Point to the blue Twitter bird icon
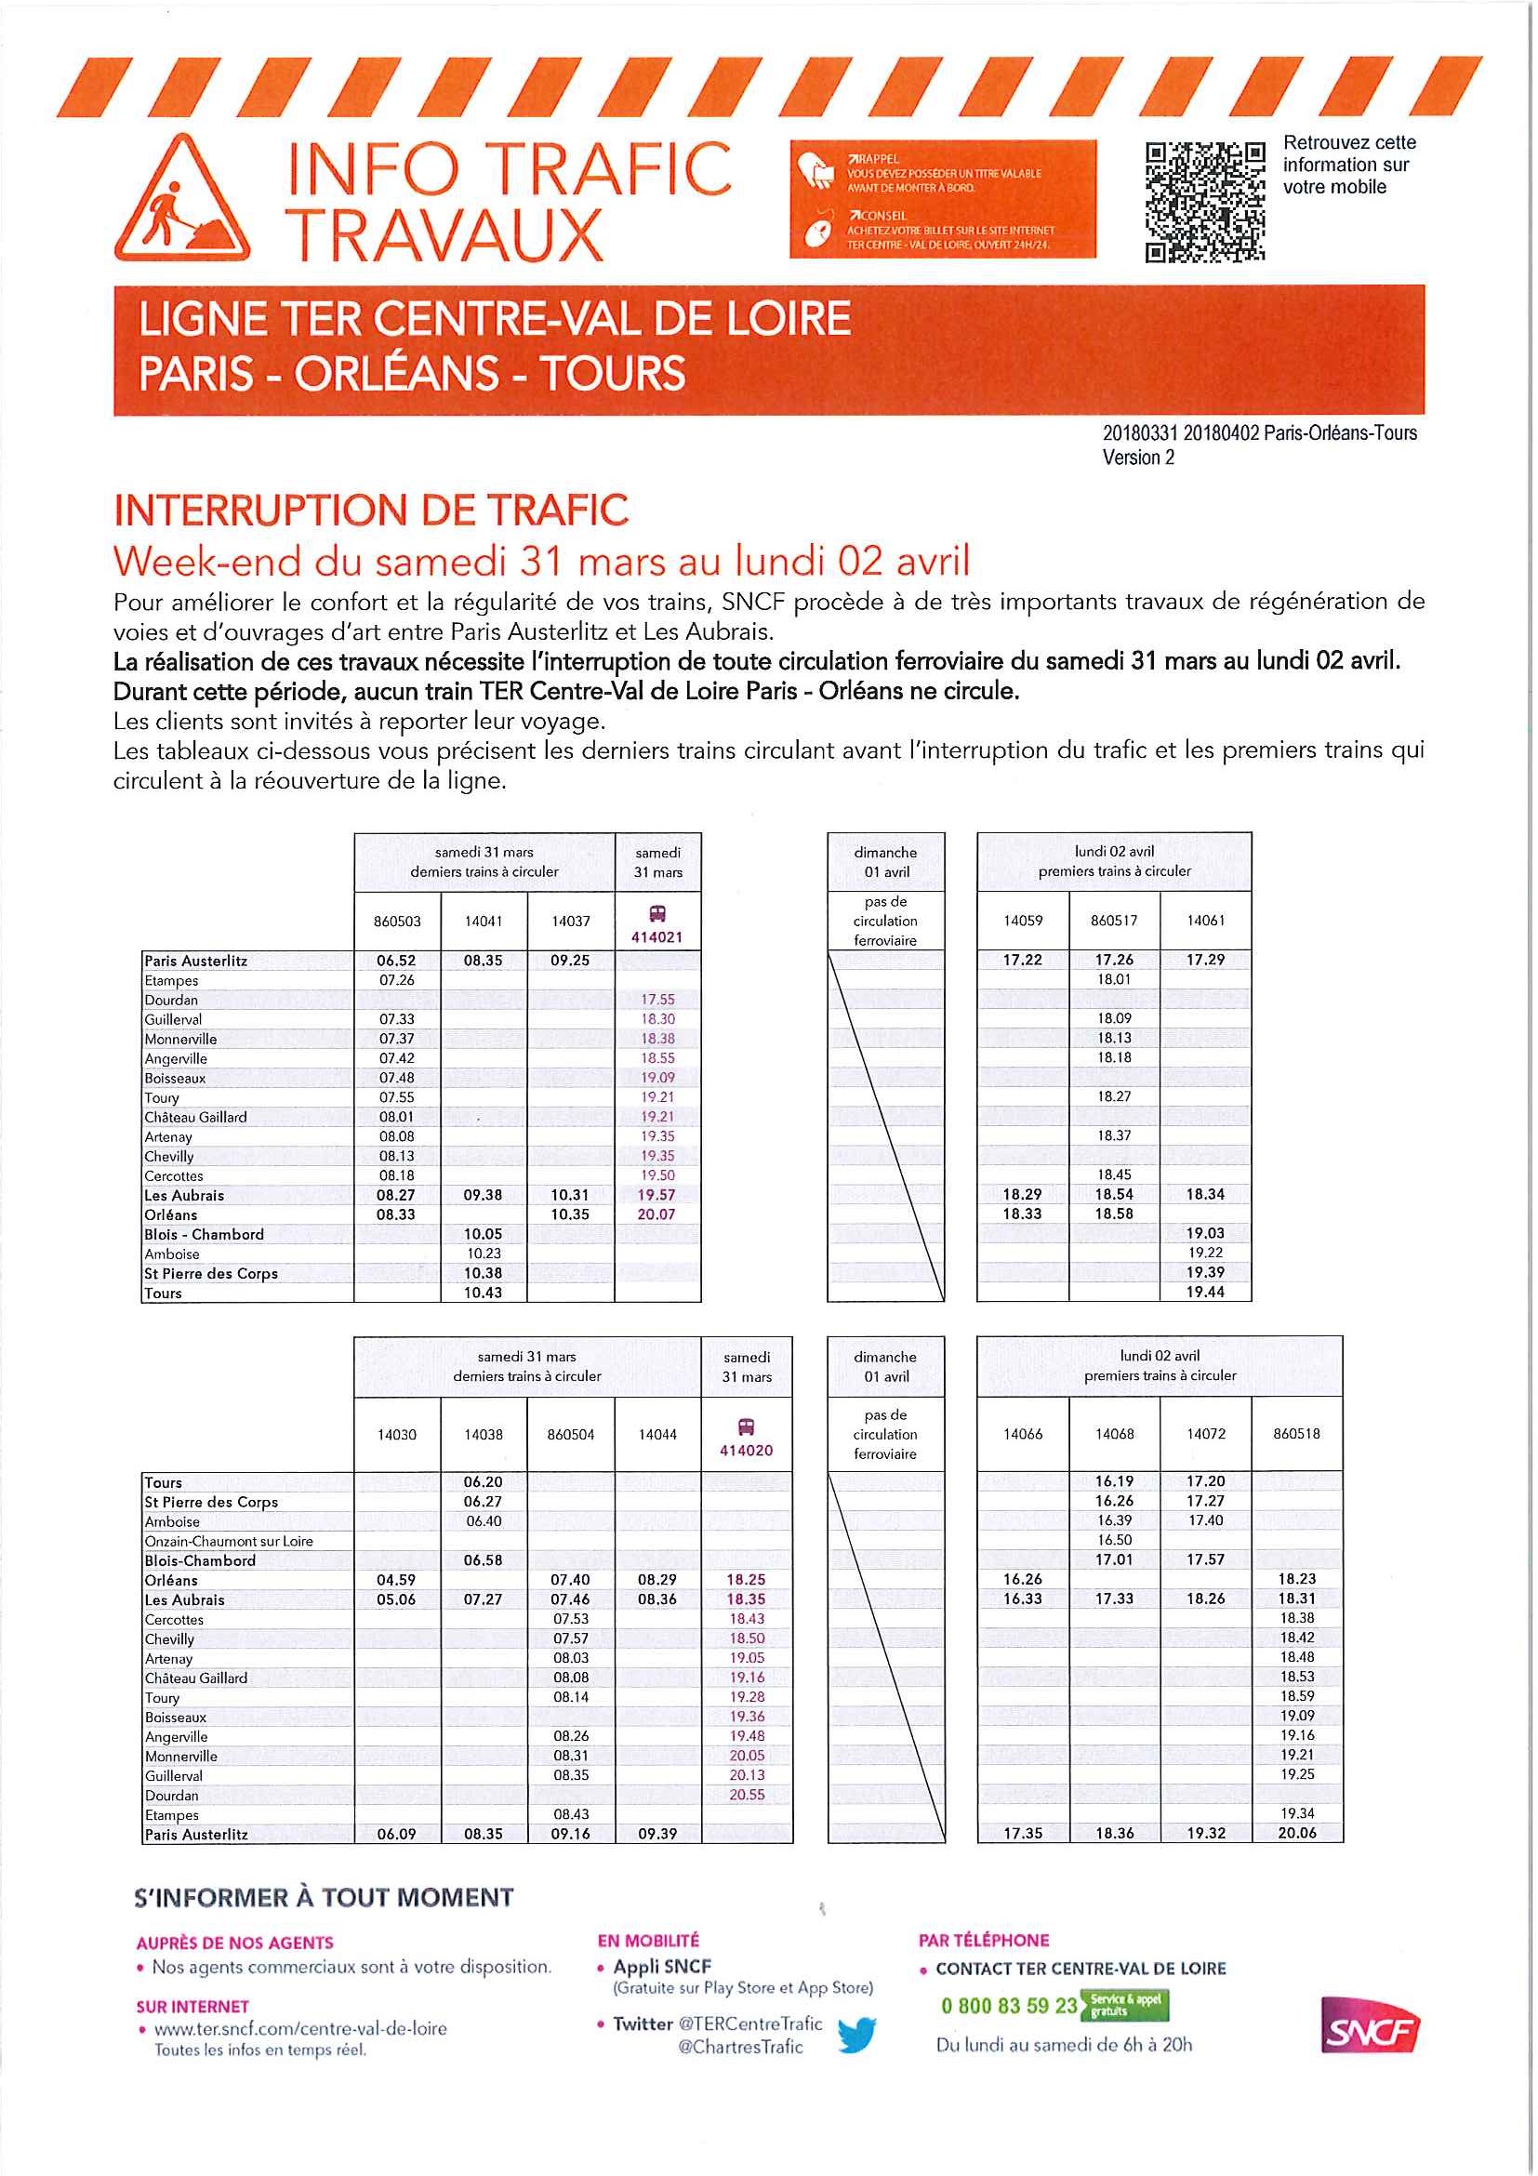[856, 2035]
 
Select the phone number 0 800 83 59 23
[1008, 2006]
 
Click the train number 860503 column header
[397, 922]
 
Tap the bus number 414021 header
[656, 937]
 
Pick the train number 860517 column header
[1113, 921]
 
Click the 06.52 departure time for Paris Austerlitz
[396, 960]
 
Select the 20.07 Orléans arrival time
[656, 1214]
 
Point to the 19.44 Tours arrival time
[1204, 1292]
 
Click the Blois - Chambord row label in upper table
[204, 1234]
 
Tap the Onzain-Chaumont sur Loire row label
[229, 1541]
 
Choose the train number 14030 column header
[397, 1434]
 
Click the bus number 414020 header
[746, 1450]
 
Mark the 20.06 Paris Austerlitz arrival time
[1296, 1833]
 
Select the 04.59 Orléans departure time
[396, 1580]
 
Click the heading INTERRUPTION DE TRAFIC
[370, 510]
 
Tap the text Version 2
[1138, 457]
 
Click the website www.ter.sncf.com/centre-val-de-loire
[300, 2029]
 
